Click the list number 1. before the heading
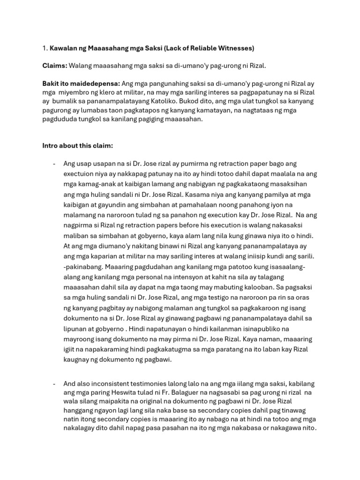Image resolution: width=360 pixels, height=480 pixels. click(x=45, y=48)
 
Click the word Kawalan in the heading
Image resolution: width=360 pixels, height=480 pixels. click(x=64, y=48)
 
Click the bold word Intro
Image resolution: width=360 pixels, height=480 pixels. click(x=51, y=145)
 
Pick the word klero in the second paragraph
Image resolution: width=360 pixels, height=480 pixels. click(x=116, y=92)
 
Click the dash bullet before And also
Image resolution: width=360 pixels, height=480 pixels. click(x=54, y=384)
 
